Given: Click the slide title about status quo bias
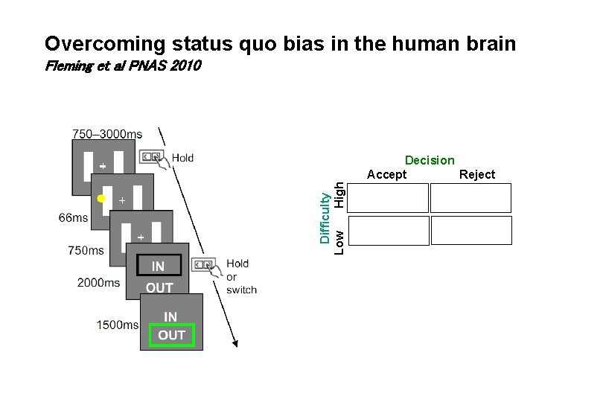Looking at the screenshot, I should tap(280, 44).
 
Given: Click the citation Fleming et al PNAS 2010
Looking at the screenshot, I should tap(123, 67).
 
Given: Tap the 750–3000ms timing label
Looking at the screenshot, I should tap(107, 134).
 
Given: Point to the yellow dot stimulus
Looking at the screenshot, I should tap(101, 199).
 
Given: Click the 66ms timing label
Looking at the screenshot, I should tap(73, 218).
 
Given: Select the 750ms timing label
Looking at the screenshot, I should tap(86, 251).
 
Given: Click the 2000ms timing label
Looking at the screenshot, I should tap(98, 283).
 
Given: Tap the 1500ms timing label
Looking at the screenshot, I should tap(117, 325).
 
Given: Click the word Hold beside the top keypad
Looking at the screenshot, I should tap(182, 158).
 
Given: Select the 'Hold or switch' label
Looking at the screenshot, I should tap(240, 277).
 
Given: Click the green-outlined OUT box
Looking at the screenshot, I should tap(171, 335).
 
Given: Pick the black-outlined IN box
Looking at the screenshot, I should tap(158, 266).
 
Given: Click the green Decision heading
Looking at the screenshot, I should tap(430, 160).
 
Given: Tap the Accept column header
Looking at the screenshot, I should tap(387, 174).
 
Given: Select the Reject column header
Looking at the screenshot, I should tap(477, 174).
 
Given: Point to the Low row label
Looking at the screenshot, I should tap(339, 240).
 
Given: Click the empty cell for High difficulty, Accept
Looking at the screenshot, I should tap(388, 199).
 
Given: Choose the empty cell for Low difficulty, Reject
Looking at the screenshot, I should tap(471, 230).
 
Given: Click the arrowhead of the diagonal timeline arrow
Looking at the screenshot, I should tap(237, 343).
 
